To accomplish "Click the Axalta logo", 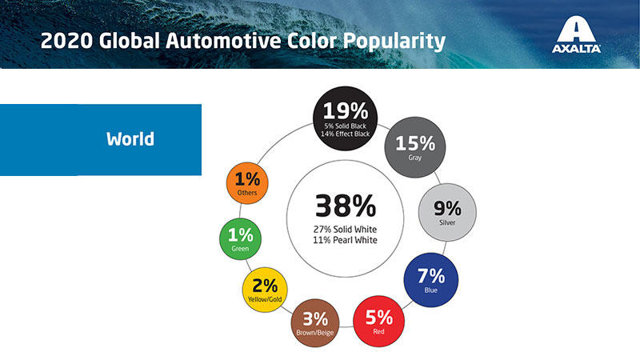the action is coord(576,34).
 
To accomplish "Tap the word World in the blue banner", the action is coord(130,138).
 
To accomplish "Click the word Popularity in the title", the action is coord(394,42).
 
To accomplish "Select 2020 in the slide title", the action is coord(66,41).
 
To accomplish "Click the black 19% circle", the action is coord(346,118).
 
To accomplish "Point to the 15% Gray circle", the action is coord(415,147).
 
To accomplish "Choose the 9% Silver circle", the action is coord(447,212).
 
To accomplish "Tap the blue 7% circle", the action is coord(431,280).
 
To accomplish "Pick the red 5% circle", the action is coord(378,322).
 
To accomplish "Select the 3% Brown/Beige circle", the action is coord(315,323).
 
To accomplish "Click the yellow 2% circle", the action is coord(265,290).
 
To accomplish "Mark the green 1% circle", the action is coord(241,239).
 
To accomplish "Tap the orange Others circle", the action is coord(247,183).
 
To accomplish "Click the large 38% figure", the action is coord(346,206).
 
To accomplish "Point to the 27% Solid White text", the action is coord(346,230).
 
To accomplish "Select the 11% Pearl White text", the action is coord(346,240).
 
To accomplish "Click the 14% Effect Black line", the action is coord(346,134).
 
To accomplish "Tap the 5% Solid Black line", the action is coord(346,126).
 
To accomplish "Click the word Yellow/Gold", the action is coord(265,299).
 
